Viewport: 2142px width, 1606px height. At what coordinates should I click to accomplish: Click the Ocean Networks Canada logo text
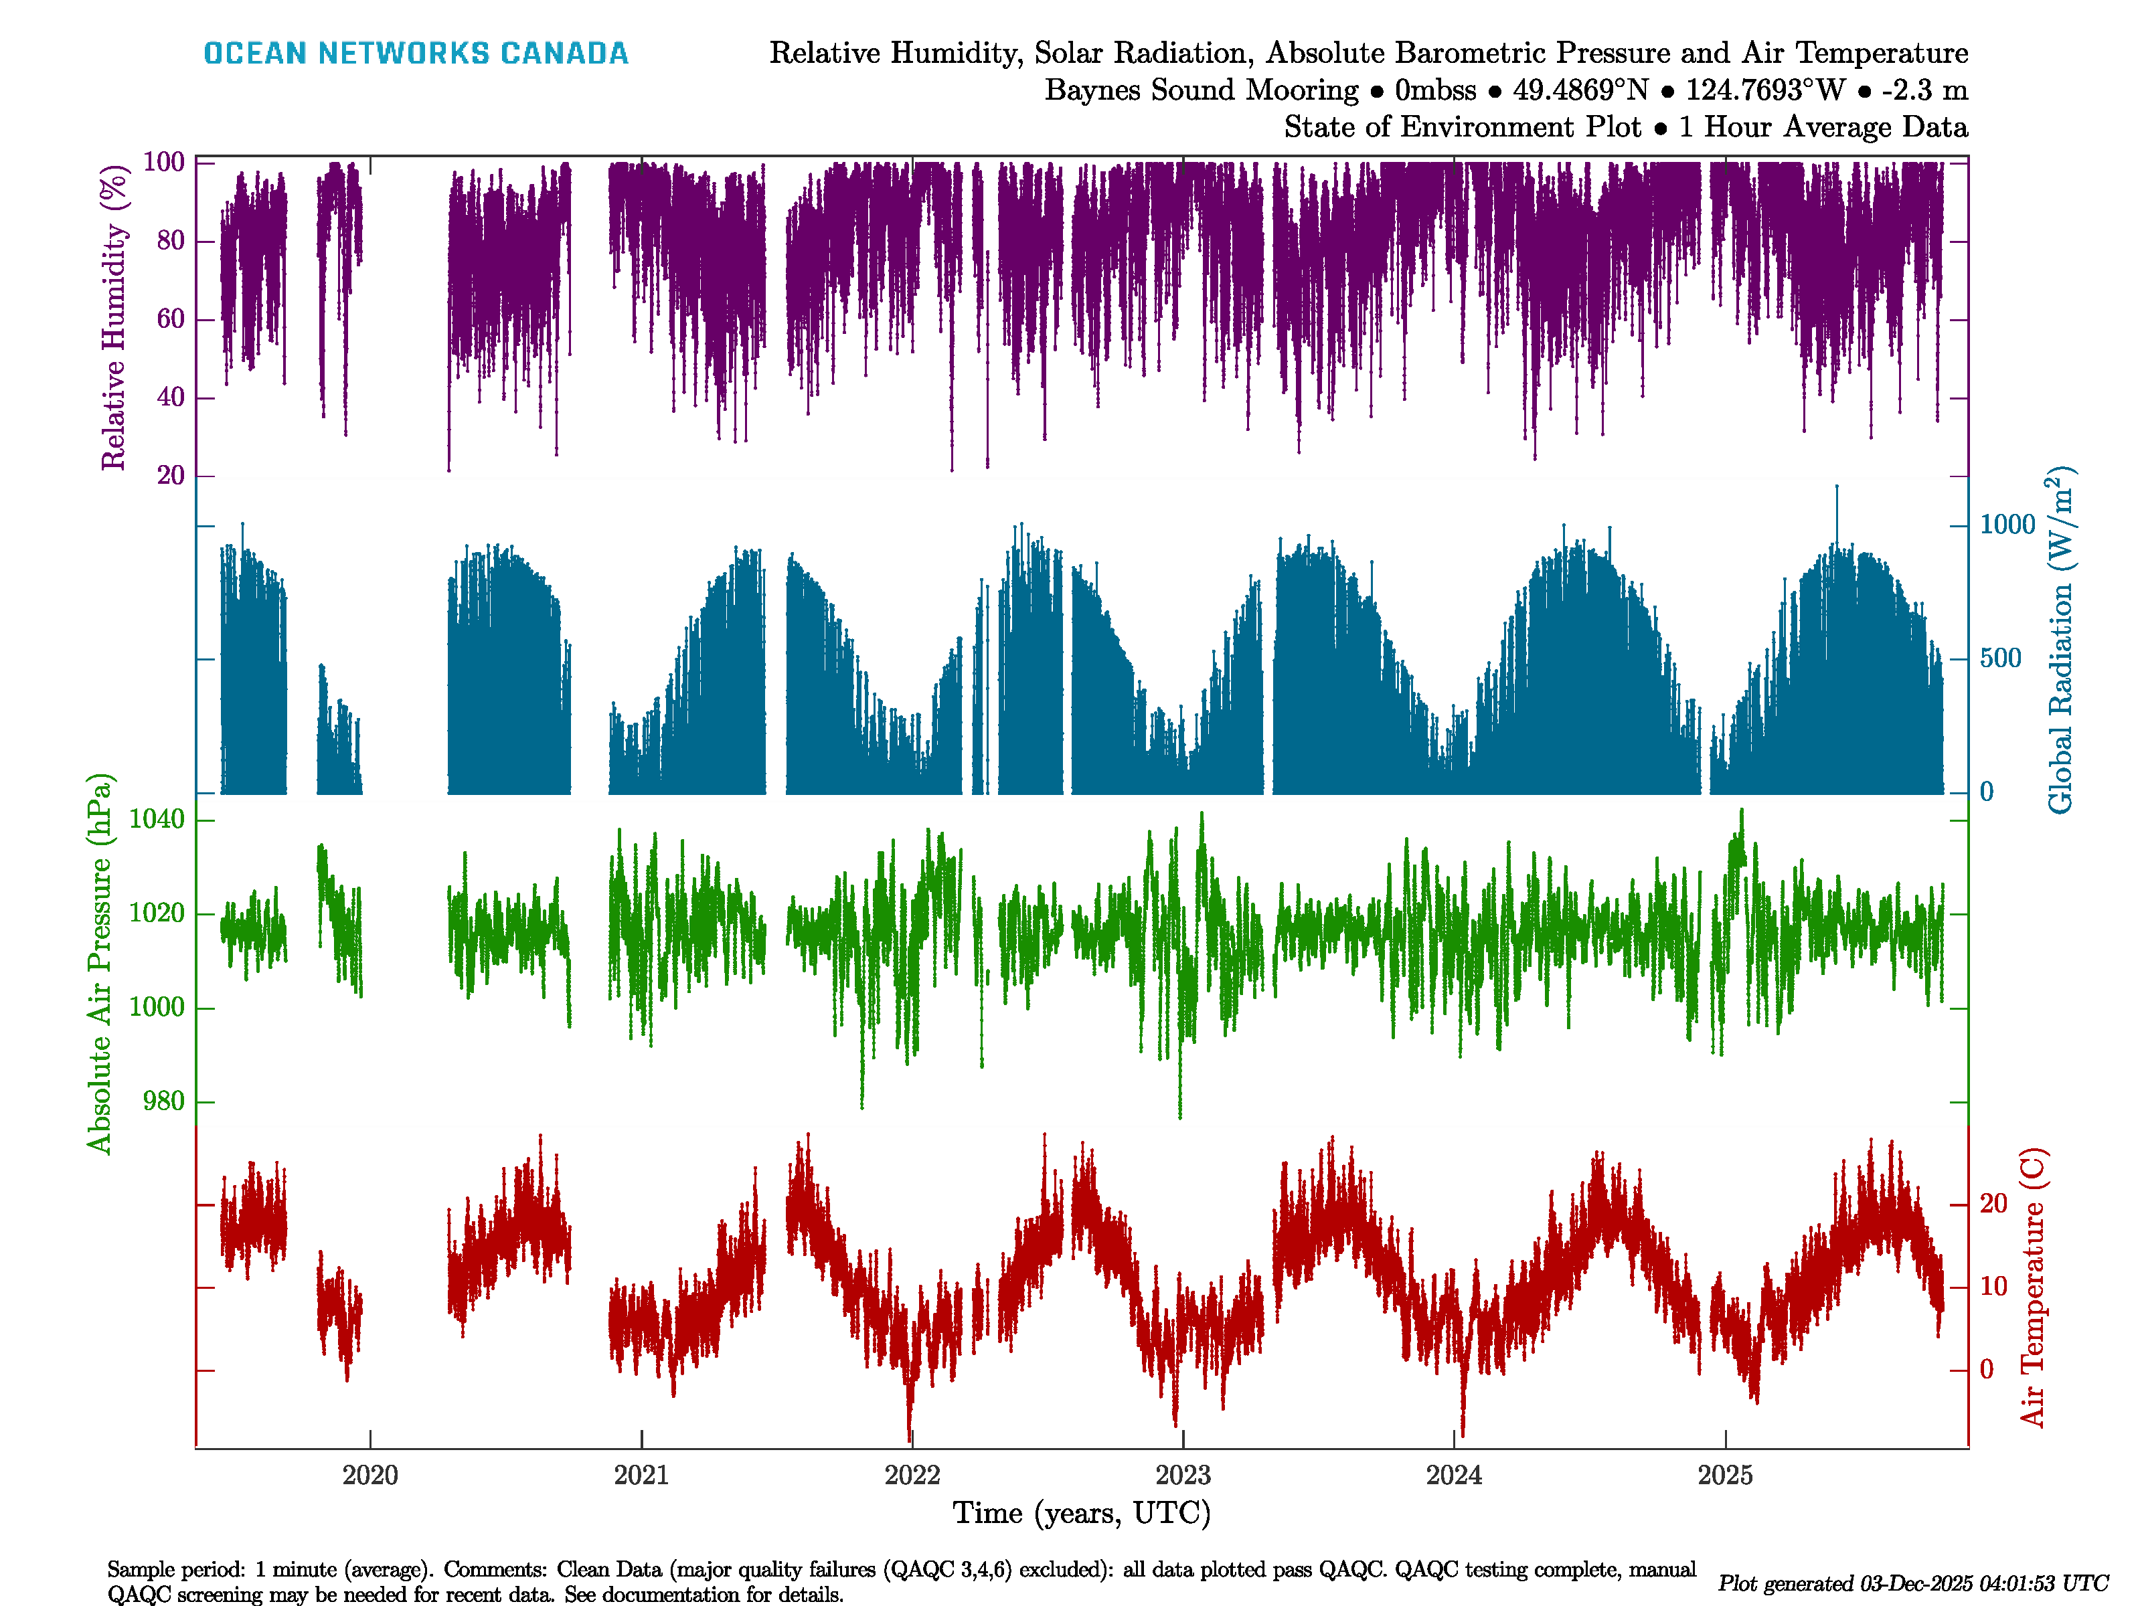416,54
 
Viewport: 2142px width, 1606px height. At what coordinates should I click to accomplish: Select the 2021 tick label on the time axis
641,1476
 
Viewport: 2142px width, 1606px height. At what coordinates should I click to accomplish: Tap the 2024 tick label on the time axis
1453,1476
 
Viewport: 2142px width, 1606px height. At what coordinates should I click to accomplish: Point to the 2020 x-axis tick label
370,1476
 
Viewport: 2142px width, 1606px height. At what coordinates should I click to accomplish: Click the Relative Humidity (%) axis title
114,318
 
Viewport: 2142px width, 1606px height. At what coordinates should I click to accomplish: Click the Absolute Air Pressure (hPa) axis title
99,963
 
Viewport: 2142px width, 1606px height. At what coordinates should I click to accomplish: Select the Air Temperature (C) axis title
2032,1287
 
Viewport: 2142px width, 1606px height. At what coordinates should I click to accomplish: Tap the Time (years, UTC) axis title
1082,1513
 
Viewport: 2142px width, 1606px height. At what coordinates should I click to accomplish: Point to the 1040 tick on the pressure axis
156,820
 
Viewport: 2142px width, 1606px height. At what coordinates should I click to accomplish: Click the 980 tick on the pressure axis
163,1101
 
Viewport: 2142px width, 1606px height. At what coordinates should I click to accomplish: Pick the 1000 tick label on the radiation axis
2007,525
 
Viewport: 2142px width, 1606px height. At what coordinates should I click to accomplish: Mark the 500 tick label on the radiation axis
2001,658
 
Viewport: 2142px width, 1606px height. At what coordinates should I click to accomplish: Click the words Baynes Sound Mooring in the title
1201,90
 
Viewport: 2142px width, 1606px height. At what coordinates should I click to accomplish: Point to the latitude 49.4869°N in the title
1580,90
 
